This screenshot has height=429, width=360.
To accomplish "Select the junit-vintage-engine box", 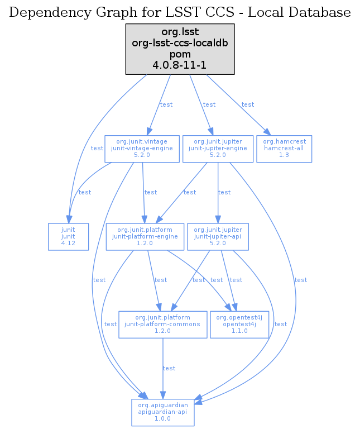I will click(143, 149).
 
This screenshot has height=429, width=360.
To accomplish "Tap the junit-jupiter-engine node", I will click(218, 149).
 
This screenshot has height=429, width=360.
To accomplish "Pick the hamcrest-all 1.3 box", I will click(284, 149).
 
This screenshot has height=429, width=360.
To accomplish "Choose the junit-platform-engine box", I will click(145, 236).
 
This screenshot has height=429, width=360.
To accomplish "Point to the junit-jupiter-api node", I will click(218, 236).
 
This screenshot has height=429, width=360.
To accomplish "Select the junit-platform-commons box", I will click(163, 324).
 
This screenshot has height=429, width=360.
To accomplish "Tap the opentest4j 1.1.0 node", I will click(239, 324).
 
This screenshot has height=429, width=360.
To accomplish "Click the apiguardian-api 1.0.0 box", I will click(162, 412).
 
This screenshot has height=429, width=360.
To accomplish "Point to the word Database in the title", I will click(324, 12).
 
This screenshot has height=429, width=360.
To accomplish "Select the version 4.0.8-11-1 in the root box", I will click(180, 65).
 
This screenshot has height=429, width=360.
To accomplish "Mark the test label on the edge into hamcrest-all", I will click(248, 104).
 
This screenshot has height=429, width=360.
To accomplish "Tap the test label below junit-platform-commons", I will click(169, 368).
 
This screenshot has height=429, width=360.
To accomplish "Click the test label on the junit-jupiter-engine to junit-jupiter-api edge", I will click(224, 192).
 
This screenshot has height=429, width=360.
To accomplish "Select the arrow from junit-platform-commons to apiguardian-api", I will click(162, 363).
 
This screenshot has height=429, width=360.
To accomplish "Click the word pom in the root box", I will click(180, 54).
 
